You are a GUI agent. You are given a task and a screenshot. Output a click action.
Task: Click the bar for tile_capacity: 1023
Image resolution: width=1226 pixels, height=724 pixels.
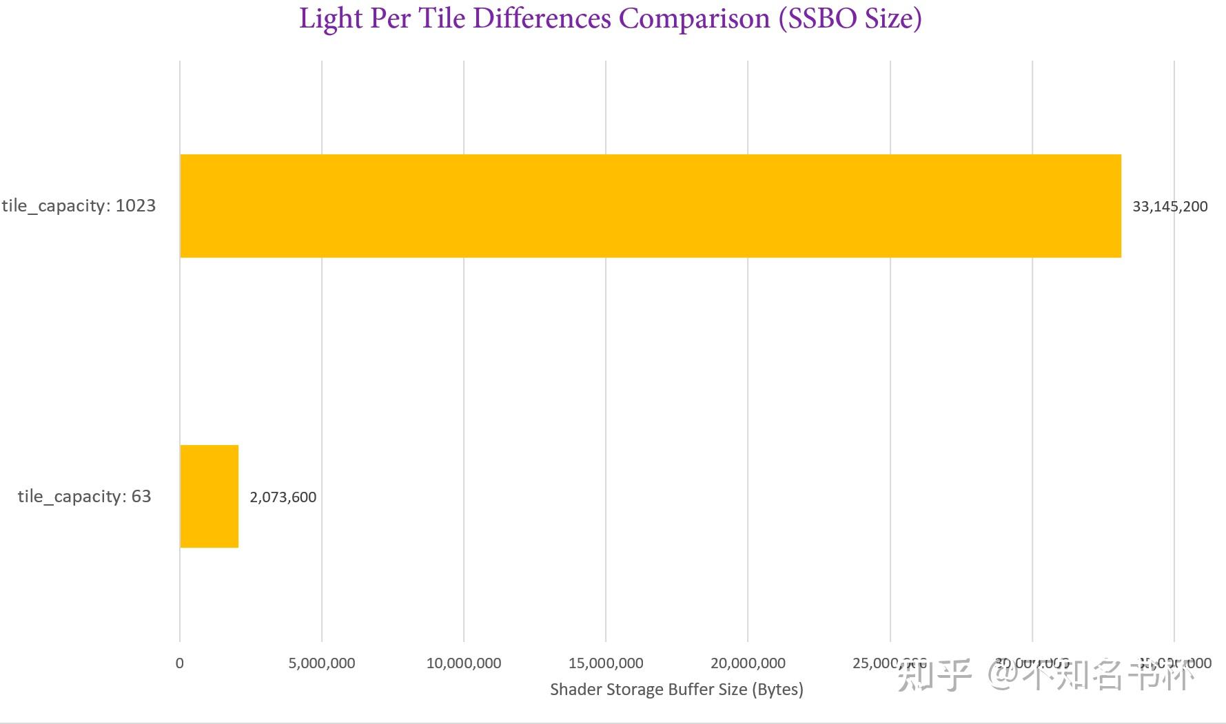tap(651, 206)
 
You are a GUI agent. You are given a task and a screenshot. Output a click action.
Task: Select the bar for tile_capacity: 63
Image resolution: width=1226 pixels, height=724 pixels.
tap(210, 497)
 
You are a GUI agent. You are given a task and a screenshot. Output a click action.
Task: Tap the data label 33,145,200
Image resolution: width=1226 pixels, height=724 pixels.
tap(1169, 207)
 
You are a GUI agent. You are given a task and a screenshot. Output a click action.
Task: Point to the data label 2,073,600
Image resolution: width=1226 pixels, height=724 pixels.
tap(283, 497)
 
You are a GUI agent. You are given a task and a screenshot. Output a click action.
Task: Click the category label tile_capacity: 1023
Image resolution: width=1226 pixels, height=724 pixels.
tap(79, 206)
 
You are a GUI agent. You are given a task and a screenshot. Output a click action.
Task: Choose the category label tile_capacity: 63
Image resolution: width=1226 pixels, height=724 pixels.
tap(84, 497)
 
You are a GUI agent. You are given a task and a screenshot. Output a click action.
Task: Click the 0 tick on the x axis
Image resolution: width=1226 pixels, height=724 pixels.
tap(180, 663)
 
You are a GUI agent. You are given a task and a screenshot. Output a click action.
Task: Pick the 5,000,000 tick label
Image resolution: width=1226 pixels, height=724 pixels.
tap(322, 663)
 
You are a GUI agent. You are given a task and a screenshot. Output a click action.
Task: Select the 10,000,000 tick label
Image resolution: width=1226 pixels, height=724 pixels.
tap(464, 663)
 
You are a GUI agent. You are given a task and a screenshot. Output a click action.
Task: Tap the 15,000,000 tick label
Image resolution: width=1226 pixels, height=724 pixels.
tap(606, 663)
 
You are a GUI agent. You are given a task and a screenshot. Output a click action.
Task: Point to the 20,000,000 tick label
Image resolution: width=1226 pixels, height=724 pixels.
tap(748, 663)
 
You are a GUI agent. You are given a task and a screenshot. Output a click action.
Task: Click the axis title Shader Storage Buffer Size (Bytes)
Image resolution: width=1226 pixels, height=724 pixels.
tap(676, 690)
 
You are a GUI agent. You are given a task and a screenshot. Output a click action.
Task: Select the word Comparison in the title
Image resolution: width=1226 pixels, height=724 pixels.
tap(694, 19)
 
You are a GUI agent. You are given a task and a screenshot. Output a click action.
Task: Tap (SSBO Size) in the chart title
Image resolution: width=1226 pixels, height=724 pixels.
tap(850, 19)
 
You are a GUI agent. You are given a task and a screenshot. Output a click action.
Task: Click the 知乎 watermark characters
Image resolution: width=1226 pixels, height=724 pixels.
tap(934, 675)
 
